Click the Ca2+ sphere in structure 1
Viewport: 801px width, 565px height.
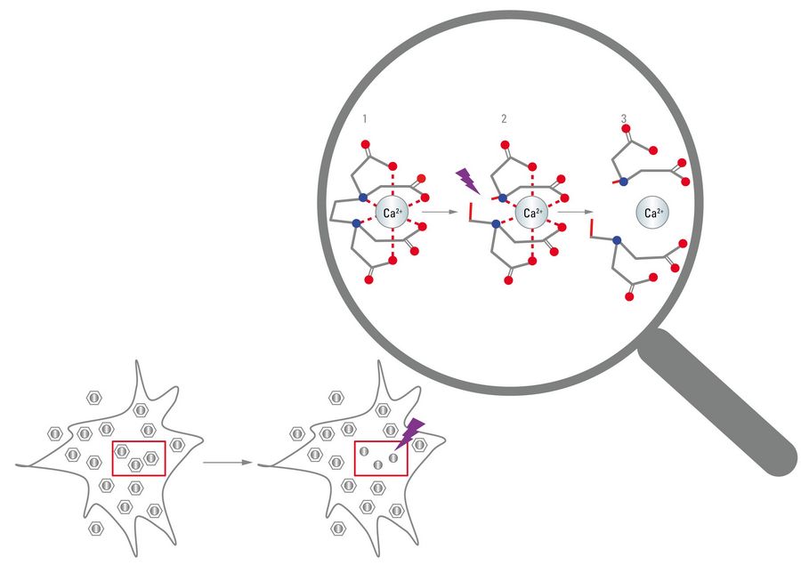pos(392,213)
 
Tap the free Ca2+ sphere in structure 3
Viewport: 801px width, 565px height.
pos(652,213)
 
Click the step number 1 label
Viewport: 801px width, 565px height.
pos(365,119)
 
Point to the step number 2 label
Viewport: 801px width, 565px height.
pos(505,119)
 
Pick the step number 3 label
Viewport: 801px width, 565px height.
pos(624,119)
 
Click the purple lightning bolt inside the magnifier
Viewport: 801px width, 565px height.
pos(467,182)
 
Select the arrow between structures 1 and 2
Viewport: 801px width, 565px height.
pos(440,212)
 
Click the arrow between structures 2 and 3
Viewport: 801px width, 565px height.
pos(575,212)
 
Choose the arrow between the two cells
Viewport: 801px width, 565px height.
pos(228,463)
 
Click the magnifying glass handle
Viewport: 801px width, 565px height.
pos(717,402)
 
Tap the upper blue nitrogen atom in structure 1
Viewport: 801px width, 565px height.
pos(363,198)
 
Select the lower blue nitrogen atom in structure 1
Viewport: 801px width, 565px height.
pos(356,222)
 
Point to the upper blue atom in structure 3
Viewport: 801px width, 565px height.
pos(623,181)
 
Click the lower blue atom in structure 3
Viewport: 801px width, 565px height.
pos(617,240)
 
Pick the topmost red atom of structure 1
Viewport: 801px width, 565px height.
pos(365,144)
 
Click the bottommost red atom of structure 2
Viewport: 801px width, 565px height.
pos(508,280)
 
